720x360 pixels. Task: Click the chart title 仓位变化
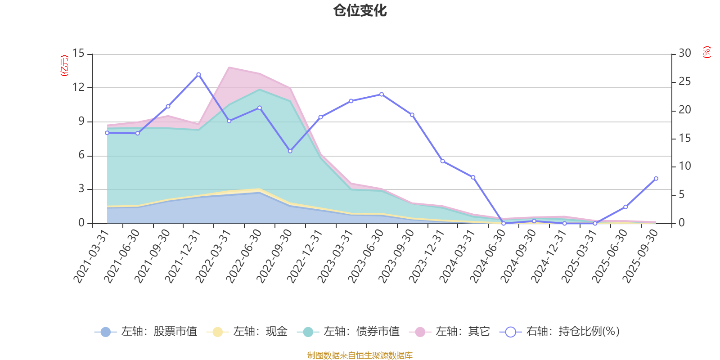pos(360,10)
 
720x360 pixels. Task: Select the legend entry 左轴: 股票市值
pos(146,332)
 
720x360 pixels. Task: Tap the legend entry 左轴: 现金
pos(247,332)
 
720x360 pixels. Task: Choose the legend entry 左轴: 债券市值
pos(349,332)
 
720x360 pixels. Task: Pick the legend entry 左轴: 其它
pos(450,332)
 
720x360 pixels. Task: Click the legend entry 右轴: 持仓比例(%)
pos(560,332)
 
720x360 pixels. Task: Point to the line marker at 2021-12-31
pos(198,74)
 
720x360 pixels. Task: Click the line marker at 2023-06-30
pos(382,94)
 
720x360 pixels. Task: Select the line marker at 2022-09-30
pos(290,151)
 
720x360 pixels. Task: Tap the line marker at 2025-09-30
pos(656,179)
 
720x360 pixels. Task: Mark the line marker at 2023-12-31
pos(442,161)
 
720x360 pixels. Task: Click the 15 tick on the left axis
pos(79,54)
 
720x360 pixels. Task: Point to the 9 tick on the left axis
pos(81,121)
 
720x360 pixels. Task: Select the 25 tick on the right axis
pos(684,82)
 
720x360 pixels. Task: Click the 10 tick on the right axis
pos(684,166)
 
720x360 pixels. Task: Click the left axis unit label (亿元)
pos(64,66)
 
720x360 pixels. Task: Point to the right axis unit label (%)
pos(707,52)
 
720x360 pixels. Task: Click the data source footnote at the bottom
pos(360,355)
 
